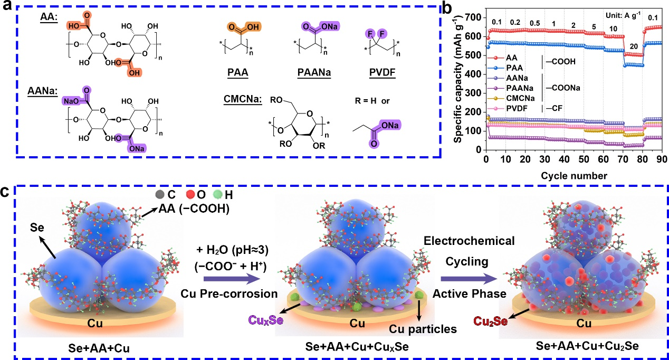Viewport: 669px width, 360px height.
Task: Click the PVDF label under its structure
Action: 383,72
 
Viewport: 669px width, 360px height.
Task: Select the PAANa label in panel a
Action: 314,72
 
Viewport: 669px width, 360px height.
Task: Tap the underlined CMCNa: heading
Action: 243,99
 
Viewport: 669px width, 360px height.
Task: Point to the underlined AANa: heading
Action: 43,90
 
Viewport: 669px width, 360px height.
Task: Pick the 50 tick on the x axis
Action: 584,159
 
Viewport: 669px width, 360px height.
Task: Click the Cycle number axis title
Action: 574,176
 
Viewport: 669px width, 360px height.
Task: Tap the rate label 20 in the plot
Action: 634,46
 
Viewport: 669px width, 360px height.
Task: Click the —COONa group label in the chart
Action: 563,88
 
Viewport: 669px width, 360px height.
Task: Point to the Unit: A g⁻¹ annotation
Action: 623,15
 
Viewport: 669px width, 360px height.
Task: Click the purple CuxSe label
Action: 266,320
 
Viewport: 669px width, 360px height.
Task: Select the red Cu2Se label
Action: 490,321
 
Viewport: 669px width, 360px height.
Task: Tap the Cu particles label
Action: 423,329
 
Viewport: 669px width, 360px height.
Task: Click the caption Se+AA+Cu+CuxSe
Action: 357,347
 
